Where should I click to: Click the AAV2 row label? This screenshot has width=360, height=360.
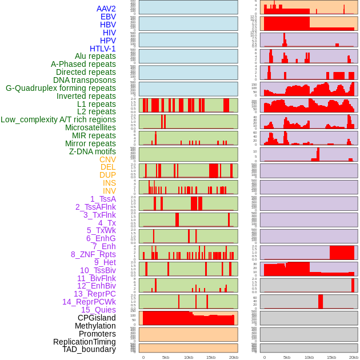click(106, 9)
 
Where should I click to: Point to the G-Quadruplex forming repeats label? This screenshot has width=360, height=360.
click(61, 88)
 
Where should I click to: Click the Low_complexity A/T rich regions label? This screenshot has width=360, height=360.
click(58, 119)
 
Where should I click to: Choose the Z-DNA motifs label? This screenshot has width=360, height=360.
click(92, 151)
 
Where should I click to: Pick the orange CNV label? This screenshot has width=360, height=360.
click(107, 159)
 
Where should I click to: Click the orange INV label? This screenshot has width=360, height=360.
click(109, 191)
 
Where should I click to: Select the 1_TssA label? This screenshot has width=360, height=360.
click(103, 199)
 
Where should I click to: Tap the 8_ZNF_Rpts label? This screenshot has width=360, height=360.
click(93, 254)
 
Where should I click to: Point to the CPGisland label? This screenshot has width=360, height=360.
click(97, 318)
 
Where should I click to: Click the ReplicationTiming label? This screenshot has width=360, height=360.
click(84, 342)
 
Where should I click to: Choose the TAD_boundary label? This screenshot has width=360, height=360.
click(89, 349)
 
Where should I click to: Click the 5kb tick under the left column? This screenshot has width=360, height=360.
click(166, 357)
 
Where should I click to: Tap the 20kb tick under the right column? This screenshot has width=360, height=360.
click(354, 357)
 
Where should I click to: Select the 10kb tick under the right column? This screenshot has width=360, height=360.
click(309, 357)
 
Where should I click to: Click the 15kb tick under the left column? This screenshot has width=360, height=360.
click(211, 357)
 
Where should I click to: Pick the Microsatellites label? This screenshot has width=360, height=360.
click(90, 127)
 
